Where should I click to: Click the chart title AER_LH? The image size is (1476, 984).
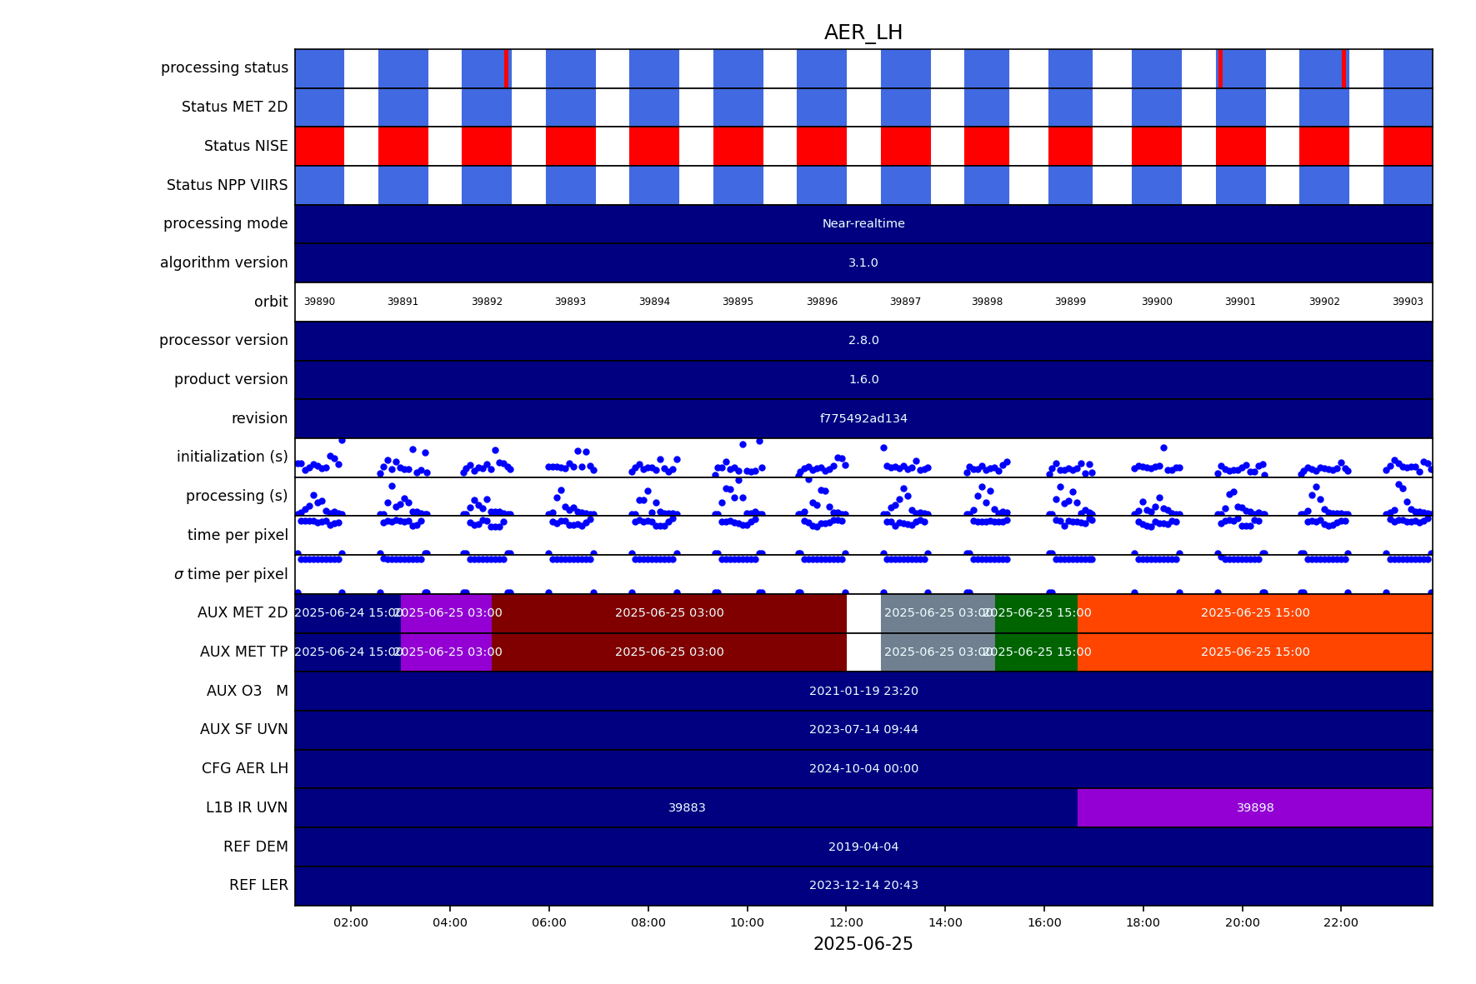pyautogui.click(x=863, y=32)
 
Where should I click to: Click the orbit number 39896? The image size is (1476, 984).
pyautogui.click(x=822, y=302)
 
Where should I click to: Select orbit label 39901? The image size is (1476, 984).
pyautogui.click(x=1239, y=302)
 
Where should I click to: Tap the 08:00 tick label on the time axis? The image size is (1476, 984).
pyautogui.click(x=648, y=922)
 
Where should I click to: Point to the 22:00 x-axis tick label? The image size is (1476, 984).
pyautogui.click(x=1340, y=922)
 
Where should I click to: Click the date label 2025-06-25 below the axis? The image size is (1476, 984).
pyautogui.click(x=863, y=944)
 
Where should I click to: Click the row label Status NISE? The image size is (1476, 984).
pyautogui.click(x=246, y=146)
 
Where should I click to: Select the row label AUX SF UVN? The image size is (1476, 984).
pyautogui.click(x=243, y=729)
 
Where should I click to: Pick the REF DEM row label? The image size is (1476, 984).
pyautogui.click(x=255, y=847)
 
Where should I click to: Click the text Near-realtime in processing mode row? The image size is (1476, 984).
pyautogui.click(x=863, y=223)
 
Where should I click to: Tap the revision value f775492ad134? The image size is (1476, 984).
pyautogui.click(x=863, y=418)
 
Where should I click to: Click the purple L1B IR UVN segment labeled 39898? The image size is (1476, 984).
pyautogui.click(x=1254, y=807)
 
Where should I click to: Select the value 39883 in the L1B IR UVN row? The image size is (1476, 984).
pyautogui.click(x=687, y=807)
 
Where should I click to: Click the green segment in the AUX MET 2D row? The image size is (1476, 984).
pyautogui.click(x=1036, y=612)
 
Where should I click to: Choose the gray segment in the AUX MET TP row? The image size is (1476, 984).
pyautogui.click(x=937, y=652)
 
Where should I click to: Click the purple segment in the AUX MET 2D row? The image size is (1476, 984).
pyautogui.click(x=446, y=612)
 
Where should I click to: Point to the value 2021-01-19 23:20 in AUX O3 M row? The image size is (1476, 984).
pyautogui.click(x=863, y=691)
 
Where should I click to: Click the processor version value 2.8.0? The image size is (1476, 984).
pyautogui.click(x=863, y=340)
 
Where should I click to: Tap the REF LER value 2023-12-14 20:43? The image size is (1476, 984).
pyautogui.click(x=863, y=885)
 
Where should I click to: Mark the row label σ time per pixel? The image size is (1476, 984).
pyautogui.click(x=231, y=574)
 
